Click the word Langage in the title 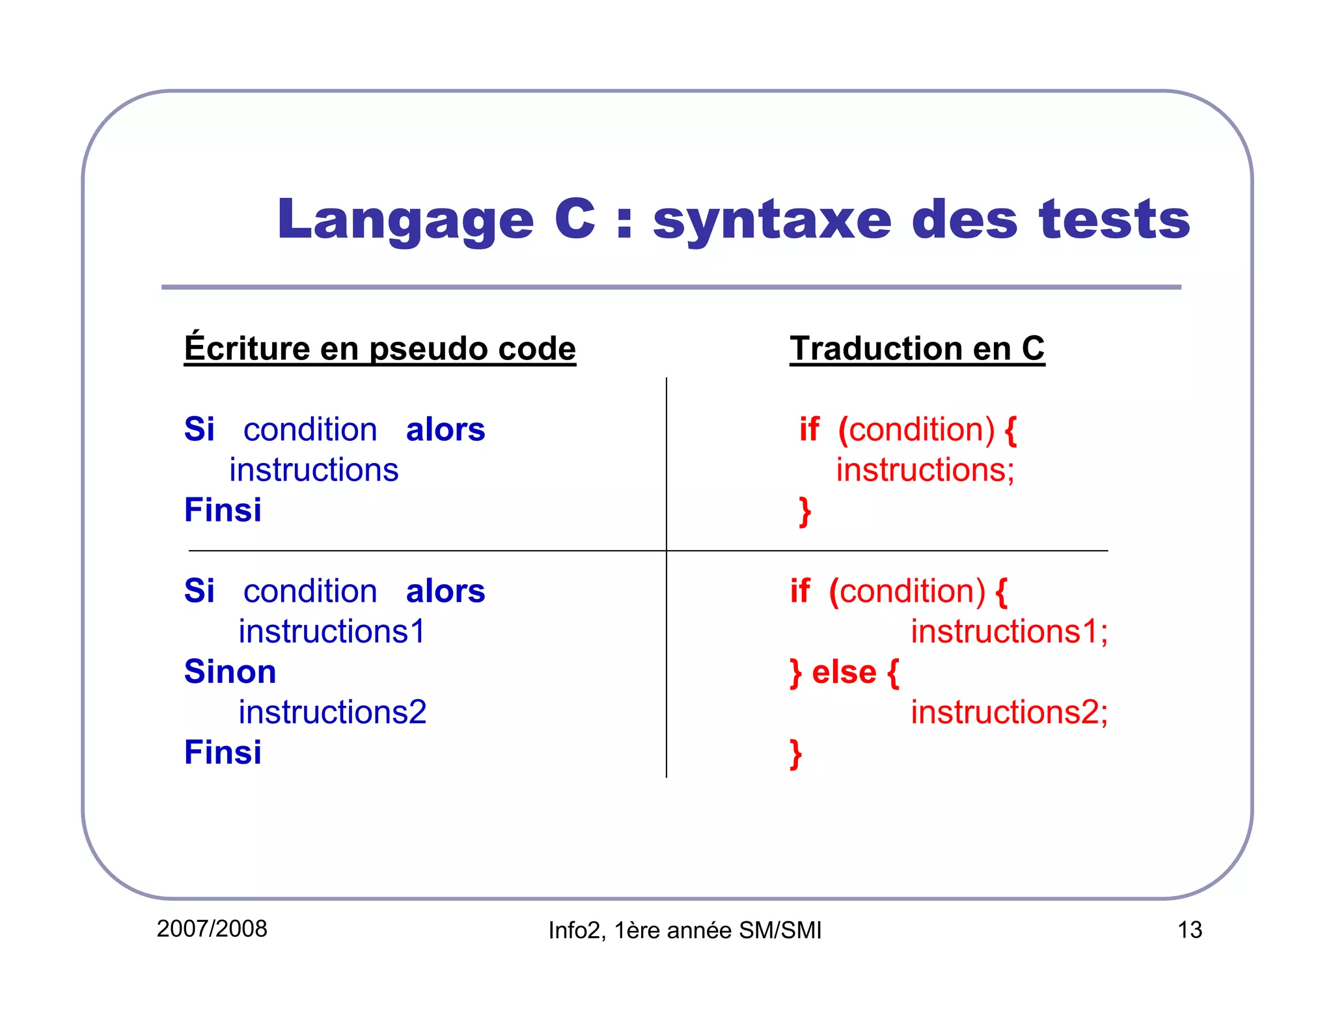405,220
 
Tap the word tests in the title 1114,220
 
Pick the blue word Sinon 230,671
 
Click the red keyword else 844,671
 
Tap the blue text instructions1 331,631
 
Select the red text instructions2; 1008,712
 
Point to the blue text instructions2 332,712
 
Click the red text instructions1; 1008,631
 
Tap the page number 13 1189,930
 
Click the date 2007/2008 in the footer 212,928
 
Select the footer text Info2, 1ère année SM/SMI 684,930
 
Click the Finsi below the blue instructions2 223,752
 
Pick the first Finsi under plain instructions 223,510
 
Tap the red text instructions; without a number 925,469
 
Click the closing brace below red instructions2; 795,753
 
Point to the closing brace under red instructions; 804,511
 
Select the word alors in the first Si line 445,430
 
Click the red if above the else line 800,591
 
